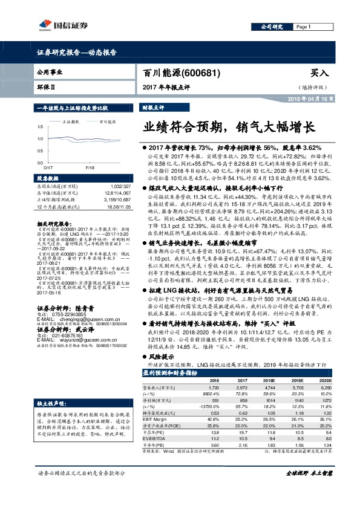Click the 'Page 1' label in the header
tap(304, 27)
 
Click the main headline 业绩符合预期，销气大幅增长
tap(229, 128)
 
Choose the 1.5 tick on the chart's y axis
tap(39, 126)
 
